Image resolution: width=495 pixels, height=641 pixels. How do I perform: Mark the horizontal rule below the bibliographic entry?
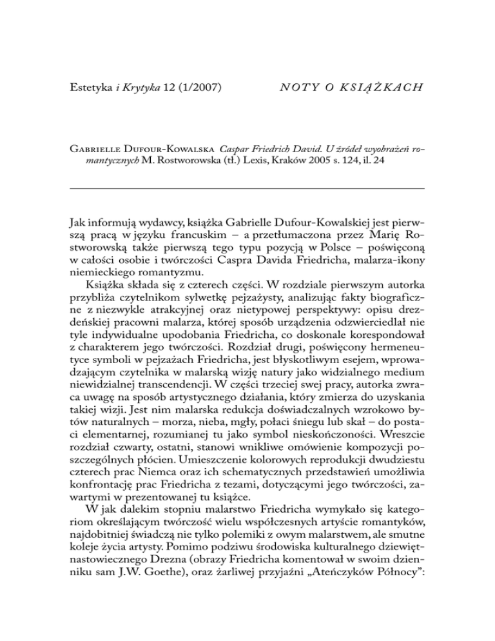coord(247,188)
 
